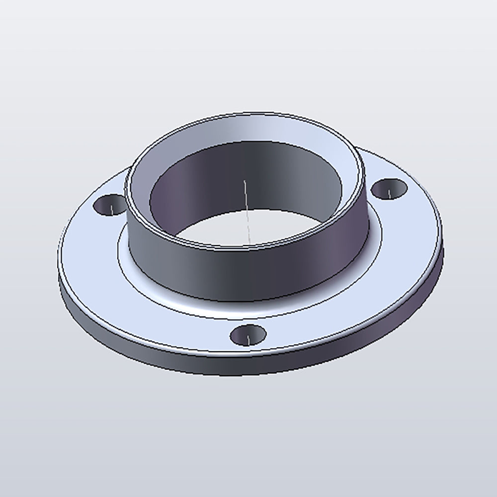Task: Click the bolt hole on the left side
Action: (x=109, y=205)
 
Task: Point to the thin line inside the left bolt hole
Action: (x=112, y=208)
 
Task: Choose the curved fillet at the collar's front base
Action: (x=248, y=307)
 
